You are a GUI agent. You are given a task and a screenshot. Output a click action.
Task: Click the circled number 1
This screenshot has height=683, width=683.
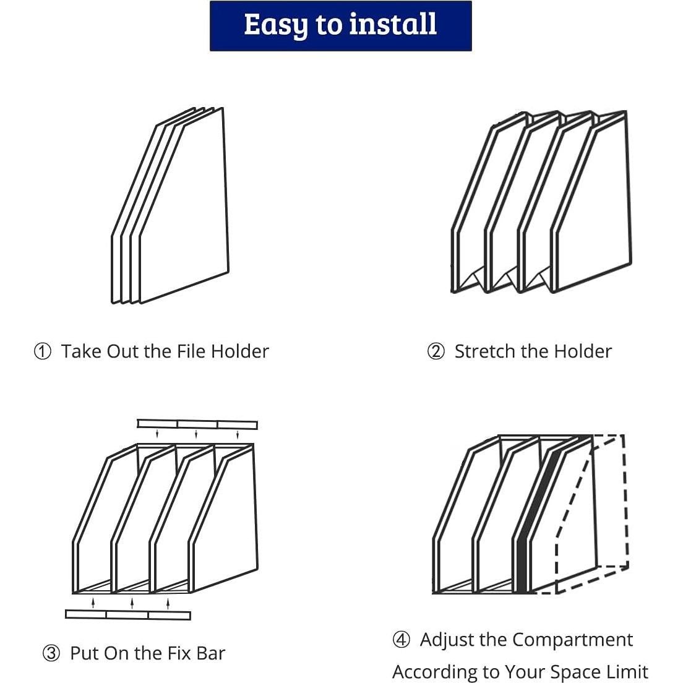tap(42, 351)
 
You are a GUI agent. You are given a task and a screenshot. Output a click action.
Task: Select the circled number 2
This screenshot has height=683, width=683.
tap(436, 351)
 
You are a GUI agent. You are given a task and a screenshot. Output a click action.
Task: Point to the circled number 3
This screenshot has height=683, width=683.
tap(51, 653)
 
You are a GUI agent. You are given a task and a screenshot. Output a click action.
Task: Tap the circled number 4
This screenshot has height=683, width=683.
tap(401, 640)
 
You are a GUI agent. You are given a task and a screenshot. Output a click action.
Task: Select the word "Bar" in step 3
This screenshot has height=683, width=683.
tap(211, 653)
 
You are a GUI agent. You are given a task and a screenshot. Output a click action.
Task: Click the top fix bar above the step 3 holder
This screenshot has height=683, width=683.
tap(197, 424)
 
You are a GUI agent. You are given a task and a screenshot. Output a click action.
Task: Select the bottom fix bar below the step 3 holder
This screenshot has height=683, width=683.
tap(128, 614)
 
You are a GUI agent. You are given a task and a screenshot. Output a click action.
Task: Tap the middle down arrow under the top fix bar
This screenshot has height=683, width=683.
tap(196, 434)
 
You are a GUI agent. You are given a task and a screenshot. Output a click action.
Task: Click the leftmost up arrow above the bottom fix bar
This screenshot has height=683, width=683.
tap(93, 603)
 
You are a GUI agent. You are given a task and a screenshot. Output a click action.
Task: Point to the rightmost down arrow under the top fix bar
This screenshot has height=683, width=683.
tap(238, 434)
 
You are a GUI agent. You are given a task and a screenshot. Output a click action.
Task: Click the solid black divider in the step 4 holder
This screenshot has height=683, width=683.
tap(535, 518)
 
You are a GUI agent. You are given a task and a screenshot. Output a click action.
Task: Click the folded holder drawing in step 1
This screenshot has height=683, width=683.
tap(170, 205)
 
